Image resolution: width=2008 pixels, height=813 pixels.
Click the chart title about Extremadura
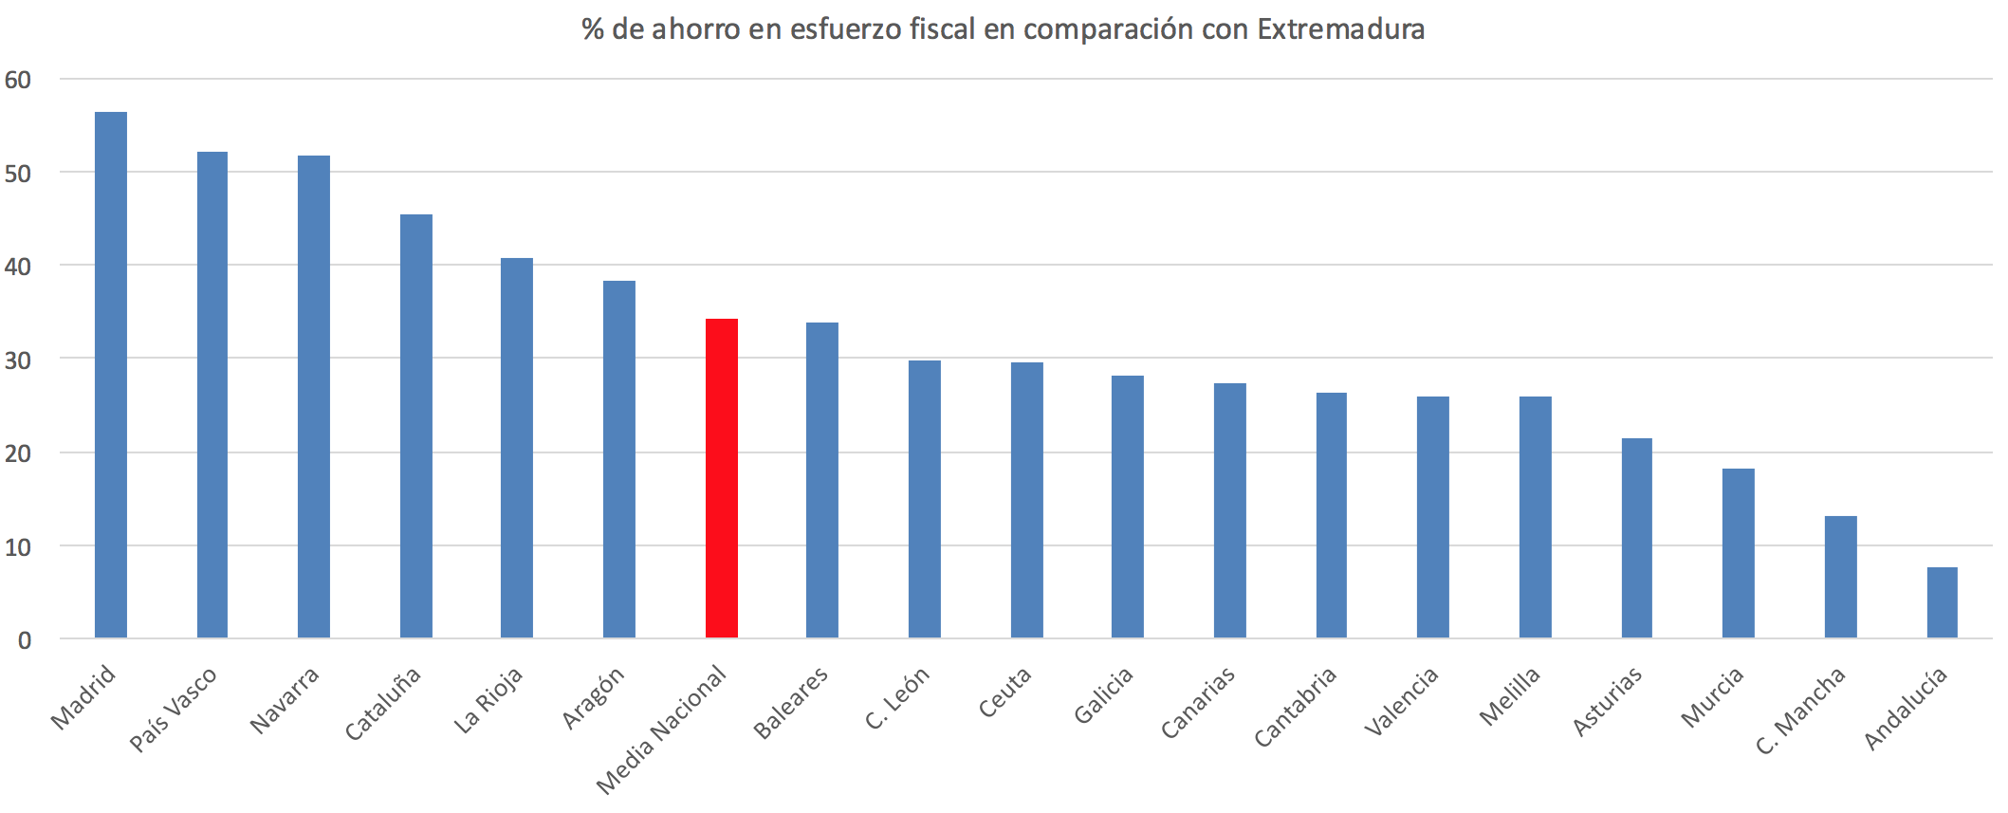coord(1003,29)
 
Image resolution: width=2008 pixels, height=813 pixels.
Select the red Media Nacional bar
coord(721,478)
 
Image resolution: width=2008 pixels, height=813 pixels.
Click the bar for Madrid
coord(111,375)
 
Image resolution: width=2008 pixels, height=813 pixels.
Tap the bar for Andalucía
coord(1942,602)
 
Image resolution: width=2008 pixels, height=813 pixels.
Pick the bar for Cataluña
coord(415,426)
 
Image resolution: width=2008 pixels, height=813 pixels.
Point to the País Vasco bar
coord(212,395)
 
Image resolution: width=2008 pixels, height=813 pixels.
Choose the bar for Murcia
coord(1738,553)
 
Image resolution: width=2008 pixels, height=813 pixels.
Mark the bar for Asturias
coord(1636,538)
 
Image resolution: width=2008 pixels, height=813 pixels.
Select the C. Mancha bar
coord(1840,577)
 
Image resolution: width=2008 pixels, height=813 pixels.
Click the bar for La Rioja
coord(517,448)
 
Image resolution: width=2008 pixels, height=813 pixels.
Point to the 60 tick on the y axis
coord(18,80)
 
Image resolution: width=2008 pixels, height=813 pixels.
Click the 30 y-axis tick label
coord(18,360)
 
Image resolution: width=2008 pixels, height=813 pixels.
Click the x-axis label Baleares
coord(791,703)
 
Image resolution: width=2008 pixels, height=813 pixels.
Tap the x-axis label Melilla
coord(1510,696)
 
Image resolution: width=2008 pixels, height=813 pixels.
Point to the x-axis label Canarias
coord(1199,703)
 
